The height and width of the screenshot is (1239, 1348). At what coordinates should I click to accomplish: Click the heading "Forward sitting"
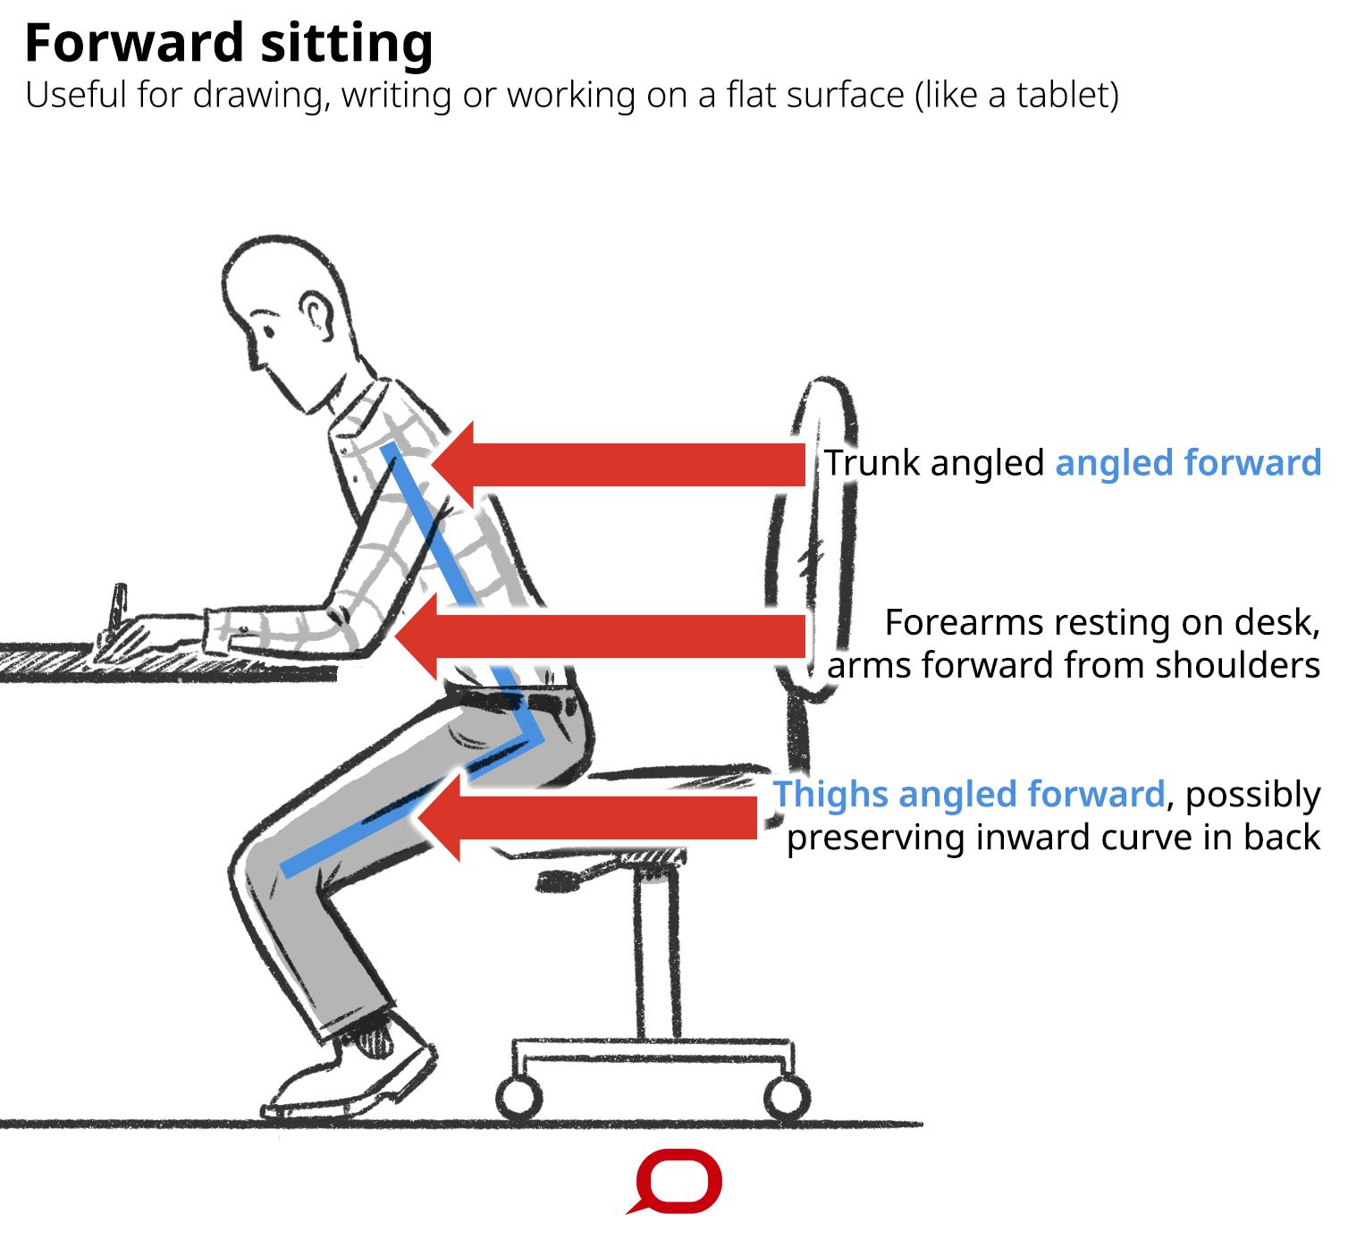point(229,43)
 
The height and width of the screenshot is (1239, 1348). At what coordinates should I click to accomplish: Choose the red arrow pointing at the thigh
point(590,817)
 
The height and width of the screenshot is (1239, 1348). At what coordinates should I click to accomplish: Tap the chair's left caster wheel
point(518,1099)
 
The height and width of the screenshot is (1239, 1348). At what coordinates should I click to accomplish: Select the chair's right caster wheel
point(788,1099)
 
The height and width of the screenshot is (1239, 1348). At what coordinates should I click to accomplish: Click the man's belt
point(518,698)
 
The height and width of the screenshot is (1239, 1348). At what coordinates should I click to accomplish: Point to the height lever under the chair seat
point(563,881)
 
